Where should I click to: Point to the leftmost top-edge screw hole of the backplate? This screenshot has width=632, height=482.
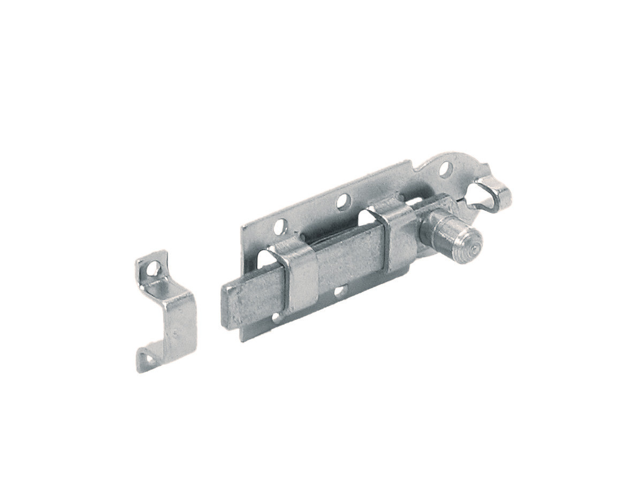tap(280, 227)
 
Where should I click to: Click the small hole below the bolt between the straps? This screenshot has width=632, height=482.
tap(339, 292)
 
